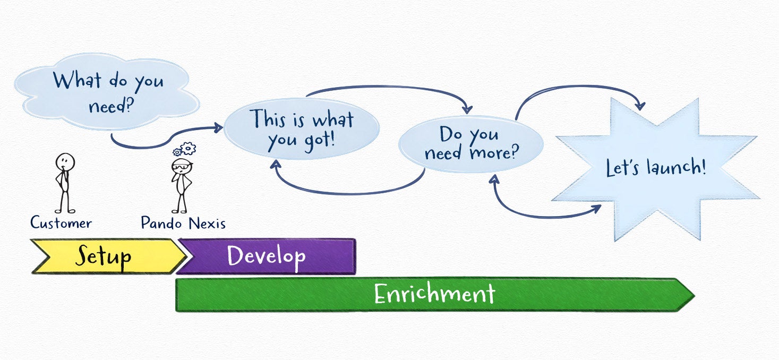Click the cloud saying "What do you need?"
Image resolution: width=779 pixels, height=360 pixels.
(107, 91)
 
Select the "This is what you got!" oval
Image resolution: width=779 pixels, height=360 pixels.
(301, 128)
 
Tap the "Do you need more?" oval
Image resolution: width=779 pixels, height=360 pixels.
(470, 144)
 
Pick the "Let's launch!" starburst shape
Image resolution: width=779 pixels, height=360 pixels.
(656, 169)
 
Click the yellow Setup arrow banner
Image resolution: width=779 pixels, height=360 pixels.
(108, 256)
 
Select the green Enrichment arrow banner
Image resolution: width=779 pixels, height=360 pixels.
(435, 295)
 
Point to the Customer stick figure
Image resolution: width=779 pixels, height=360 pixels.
(65, 183)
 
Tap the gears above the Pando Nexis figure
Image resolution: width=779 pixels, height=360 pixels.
(185, 149)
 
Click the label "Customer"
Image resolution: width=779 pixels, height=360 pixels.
(61, 222)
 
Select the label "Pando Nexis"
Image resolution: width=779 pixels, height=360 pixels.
(183, 223)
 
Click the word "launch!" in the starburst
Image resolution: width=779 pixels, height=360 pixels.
(677, 166)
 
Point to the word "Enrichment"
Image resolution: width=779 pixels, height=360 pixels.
(435, 294)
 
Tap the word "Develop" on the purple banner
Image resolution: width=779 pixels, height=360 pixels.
(267, 256)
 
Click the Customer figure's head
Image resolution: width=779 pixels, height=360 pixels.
(65, 162)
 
